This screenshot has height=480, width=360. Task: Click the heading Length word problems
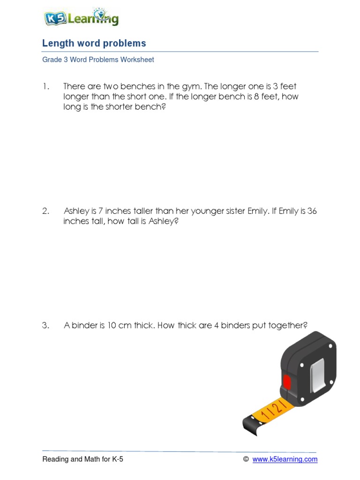point(94,44)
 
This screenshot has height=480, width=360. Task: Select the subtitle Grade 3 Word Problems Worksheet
point(98,60)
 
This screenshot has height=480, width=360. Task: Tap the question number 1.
point(45,87)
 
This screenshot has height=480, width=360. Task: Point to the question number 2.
point(45,211)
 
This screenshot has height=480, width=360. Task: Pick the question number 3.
point(45,326)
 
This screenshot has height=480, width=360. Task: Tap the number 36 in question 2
point(312,211)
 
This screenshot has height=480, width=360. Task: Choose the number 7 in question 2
point(100,211)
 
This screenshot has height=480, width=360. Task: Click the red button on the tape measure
point(286,382)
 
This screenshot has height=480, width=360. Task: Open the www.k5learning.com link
point(285,459)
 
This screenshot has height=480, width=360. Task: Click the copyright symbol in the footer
point(246,459)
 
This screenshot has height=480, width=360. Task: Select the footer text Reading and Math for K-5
point(83,459)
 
